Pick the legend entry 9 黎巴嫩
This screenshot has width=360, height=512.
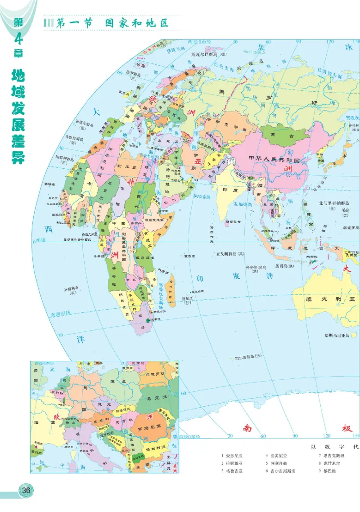pyautogui.click(x=327, y=471)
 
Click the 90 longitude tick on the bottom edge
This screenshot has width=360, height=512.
pyautogui.click(x=296, y=436)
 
